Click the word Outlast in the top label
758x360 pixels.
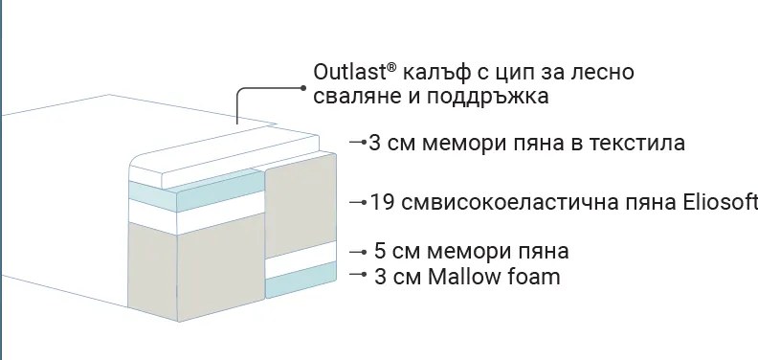click(346, 73)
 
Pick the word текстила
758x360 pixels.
click(634, 144)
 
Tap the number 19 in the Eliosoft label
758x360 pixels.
click(381, 203)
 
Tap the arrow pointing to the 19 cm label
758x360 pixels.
click(358, 203)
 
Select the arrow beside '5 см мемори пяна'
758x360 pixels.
click(358, 252)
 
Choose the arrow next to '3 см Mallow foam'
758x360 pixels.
click(358, 276)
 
